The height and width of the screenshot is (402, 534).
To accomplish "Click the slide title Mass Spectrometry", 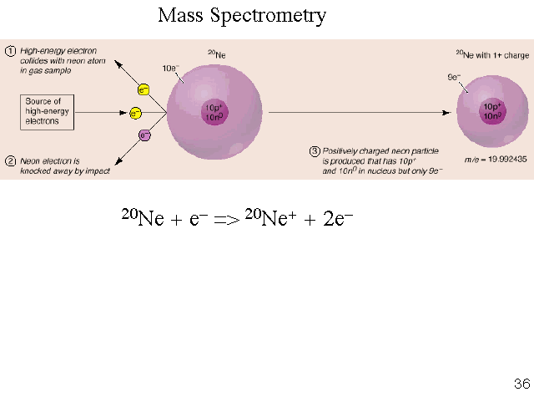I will point(242,16).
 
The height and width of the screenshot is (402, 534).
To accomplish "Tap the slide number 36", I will point(521,384).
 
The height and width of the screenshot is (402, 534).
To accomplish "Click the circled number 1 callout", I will point(11,51).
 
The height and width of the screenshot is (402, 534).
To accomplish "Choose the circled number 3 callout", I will point(315,151).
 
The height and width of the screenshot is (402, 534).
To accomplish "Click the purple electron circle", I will point(144,135).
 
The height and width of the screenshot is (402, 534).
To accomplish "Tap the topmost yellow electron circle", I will point(144,89).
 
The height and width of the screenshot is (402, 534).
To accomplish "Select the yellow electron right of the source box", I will point(135,113).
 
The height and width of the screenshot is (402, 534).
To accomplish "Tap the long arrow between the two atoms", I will point(359,112).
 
